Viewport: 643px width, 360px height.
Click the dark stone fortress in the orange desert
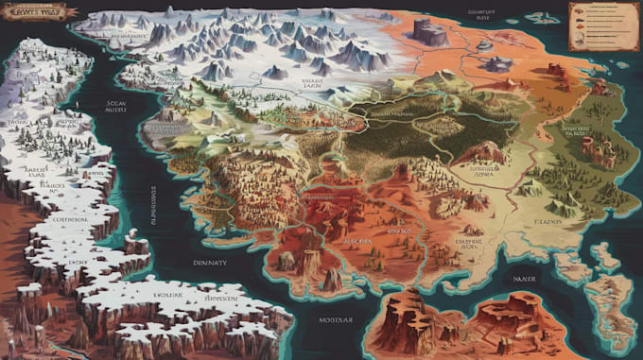[430, 32]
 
